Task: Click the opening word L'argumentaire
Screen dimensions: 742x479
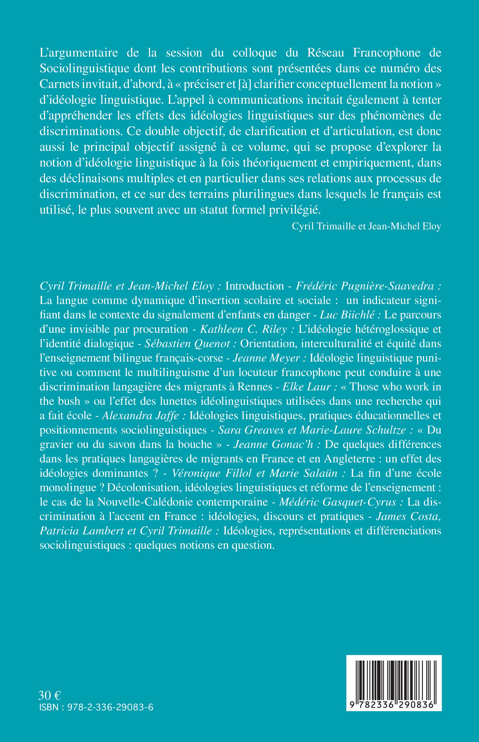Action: pos(79,53)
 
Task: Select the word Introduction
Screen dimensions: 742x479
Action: pos(255,286)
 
